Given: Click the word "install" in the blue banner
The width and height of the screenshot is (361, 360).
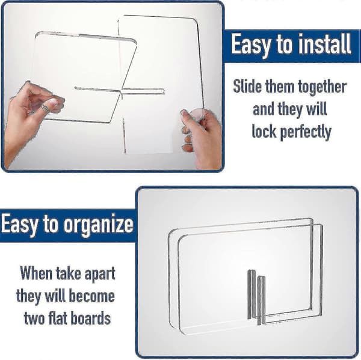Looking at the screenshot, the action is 325,44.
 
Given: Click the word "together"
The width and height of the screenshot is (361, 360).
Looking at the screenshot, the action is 322,88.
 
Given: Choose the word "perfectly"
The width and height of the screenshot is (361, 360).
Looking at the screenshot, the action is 306,132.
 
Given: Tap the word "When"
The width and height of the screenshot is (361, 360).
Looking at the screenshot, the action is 36,273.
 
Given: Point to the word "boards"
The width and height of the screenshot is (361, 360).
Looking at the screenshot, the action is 91,318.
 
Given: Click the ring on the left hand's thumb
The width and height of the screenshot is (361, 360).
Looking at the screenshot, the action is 45,108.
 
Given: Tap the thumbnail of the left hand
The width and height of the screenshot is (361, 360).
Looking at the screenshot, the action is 53,102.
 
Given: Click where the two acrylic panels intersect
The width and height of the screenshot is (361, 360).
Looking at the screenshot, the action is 121,90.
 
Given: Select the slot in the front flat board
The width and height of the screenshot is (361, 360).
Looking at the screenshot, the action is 261,300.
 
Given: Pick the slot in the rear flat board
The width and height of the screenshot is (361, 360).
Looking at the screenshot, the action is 251,294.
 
